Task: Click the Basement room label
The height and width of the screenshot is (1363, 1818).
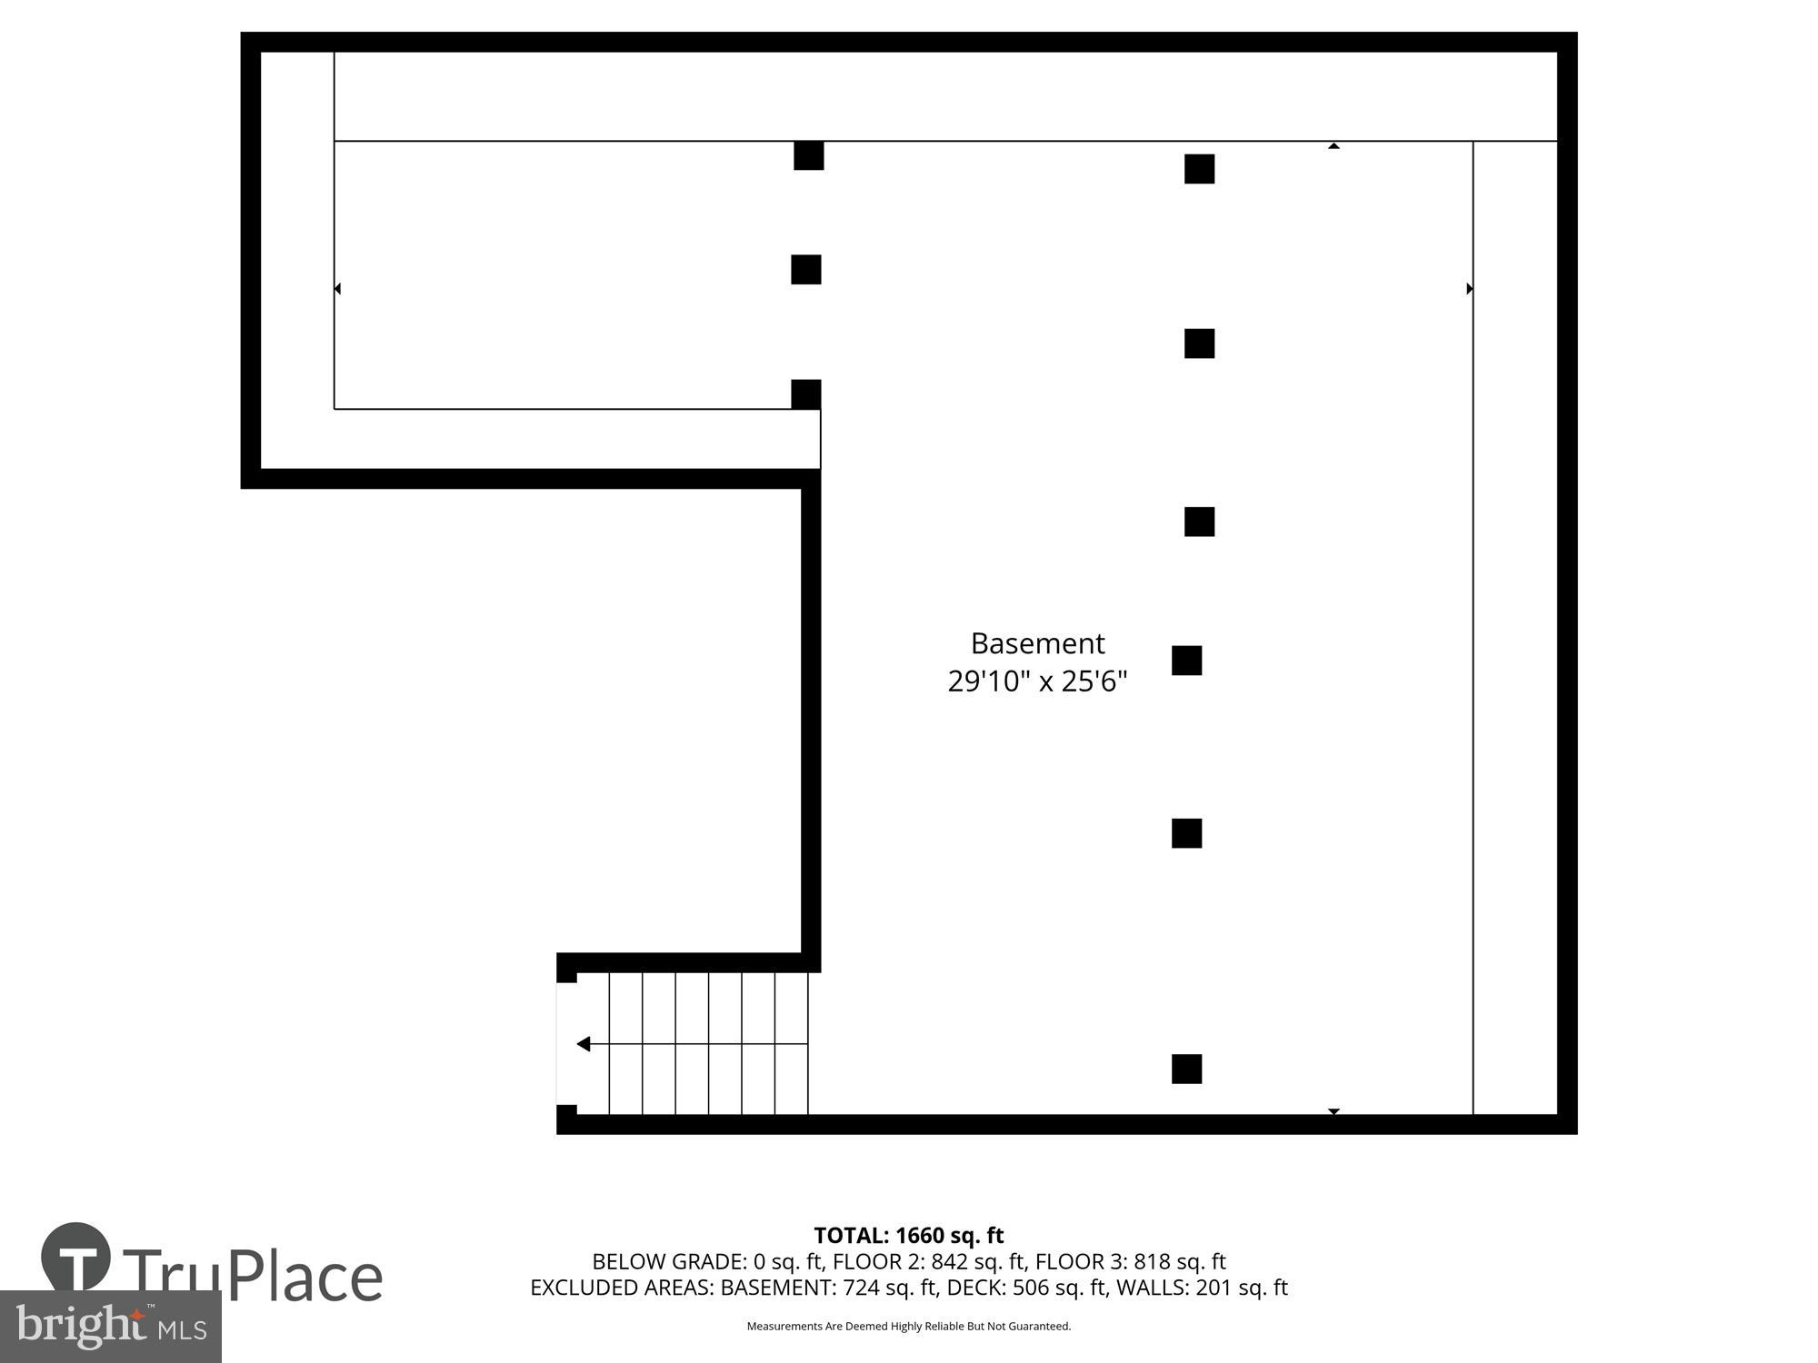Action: tap(1037, 643)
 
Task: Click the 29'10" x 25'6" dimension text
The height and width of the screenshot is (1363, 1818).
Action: tap(1037, 681)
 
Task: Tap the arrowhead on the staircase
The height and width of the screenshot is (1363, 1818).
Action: tap(584, 1044)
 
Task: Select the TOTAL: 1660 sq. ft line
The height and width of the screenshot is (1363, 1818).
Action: tap(908, 1236)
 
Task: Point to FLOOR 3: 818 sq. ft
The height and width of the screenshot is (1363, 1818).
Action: tap(1130, 1261)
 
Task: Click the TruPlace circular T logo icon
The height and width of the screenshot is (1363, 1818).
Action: tap(76, 1257)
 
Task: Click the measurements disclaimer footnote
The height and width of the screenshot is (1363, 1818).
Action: tap(908, 1327)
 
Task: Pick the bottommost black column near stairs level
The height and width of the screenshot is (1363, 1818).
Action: tap(1186, 1069)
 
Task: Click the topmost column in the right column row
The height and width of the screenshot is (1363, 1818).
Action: tap(1199, 169)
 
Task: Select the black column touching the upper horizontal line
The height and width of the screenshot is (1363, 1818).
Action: tap(808, 155)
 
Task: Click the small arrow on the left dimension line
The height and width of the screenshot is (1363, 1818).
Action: tap(337, 289)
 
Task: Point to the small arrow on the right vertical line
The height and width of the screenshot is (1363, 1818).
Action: tap(1470, 289)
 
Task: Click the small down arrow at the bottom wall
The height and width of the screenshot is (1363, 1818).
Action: tap(1334, 1111)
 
